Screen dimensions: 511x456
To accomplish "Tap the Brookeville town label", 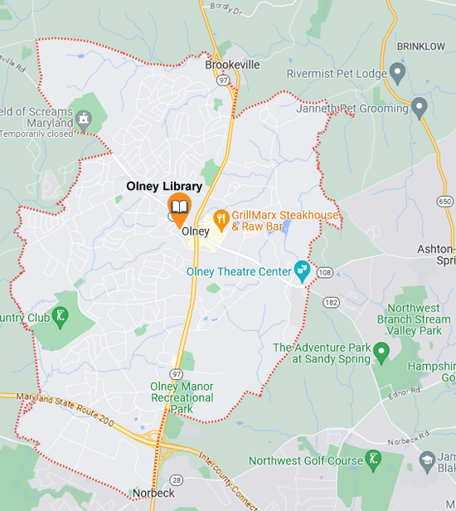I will tap(232, 65).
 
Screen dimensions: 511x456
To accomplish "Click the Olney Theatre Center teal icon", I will tap(302, 270).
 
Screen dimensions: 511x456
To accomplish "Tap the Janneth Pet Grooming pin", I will tap(420, 107).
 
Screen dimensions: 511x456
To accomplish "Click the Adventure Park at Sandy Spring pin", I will tap(381, 353).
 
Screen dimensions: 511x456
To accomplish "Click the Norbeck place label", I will tap(153, 494).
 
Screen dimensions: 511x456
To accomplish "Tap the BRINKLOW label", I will tap(421, 46).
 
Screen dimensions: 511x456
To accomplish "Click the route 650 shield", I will tap(445, 202).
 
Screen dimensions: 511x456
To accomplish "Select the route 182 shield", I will tap(329, 303).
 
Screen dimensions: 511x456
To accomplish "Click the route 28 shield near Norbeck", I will tap(177, 479).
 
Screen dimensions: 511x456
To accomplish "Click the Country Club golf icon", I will tap(60, 315).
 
